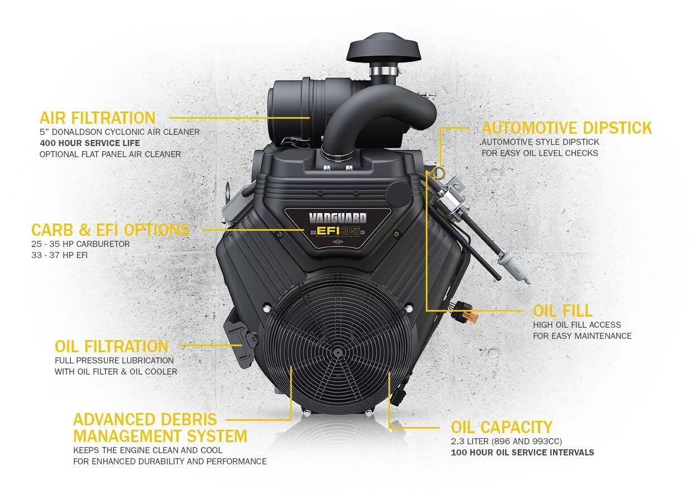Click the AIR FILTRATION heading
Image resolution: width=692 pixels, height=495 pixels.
click(97, 118)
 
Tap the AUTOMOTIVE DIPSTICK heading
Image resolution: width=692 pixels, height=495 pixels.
click(566, 128)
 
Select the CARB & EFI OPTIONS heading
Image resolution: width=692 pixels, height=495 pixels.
click(110, 230)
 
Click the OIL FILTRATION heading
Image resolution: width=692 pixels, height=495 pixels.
click(112, 346)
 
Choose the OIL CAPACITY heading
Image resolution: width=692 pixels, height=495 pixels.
click(501, 428)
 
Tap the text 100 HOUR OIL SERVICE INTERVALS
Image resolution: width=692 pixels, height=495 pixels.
click(522, 452)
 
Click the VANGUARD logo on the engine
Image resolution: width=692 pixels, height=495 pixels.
click(338, 218)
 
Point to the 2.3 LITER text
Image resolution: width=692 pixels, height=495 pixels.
click(472, 441)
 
